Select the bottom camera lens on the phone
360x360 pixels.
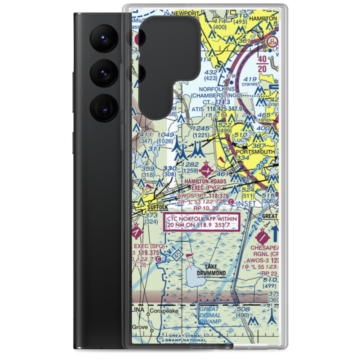pyautogui.click(x=103, y=107)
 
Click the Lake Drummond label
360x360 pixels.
pyautogui.click(x=211, y=270)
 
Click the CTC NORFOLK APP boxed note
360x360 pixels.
pyautogui.click(x=201, y=222)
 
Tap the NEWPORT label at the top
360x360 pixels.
pyautogui.click(x=185, y=13)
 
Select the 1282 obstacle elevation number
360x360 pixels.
pyautogui.click(x=190, y=165)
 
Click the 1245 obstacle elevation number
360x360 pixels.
pyautogui.click(x=201, y=129)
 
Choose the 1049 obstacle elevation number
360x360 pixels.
pyautogui.click(x=166, y=135)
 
